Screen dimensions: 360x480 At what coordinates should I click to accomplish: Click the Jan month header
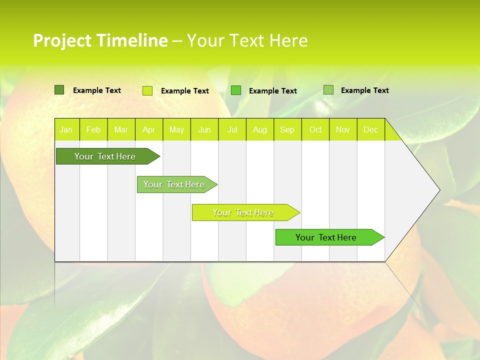click(66, 130)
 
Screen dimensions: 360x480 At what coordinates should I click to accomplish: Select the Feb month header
click(93, 130)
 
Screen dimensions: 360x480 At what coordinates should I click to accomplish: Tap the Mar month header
click(121, 130)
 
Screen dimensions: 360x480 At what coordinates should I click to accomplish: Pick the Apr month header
click(148, 130)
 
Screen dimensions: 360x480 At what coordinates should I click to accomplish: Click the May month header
click(176, 130)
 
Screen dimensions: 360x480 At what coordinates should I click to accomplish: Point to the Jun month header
click(204, 130)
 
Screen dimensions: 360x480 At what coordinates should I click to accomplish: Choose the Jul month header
click(232, 130)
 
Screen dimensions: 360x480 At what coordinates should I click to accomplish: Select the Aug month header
click(260, 130)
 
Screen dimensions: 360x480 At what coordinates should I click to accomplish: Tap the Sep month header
click(287, 130)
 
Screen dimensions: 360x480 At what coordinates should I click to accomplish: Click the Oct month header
click(315, 130)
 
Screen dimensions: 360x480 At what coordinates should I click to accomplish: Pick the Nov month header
click(343, 130)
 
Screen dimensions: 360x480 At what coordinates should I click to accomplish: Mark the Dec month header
click(371, 130)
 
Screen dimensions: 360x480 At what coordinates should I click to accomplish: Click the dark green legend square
click(59, 90)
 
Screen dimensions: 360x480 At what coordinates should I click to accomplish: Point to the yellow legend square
click(147, 90)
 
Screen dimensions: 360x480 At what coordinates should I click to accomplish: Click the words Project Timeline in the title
click(100, 40)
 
